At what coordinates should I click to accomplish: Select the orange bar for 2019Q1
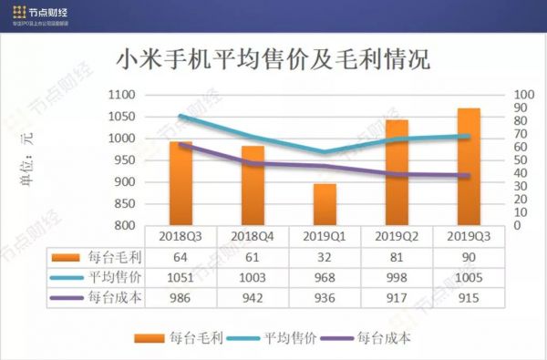coord(325,205)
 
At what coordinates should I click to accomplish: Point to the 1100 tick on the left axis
coord(121,95)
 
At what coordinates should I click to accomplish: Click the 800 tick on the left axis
coord(124,225)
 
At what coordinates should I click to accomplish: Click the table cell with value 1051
coord(181,276)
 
